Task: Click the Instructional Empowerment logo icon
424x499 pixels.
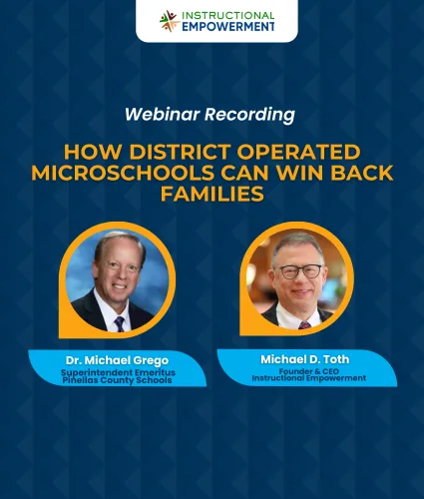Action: (170, 21)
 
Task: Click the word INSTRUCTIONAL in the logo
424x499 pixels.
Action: (228, 16)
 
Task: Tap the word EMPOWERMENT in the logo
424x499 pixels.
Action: (228, 27)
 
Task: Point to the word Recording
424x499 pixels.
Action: (249, 115)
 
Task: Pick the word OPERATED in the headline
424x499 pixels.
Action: (298, 152)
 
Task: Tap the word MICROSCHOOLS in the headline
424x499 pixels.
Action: (122, 173)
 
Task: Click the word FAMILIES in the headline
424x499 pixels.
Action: (212, 194)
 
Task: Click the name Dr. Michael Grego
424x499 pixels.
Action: (117, 360)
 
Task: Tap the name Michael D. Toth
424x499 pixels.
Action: (305, 359)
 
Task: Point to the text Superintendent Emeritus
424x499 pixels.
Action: (118, 372)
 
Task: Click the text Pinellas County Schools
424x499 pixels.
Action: (117, 380)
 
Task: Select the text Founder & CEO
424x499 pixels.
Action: (309, 371)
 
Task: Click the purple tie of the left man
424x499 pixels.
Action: (119, 324)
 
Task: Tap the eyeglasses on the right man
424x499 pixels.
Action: (300, 271)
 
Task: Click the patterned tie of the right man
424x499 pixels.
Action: (304, 325)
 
